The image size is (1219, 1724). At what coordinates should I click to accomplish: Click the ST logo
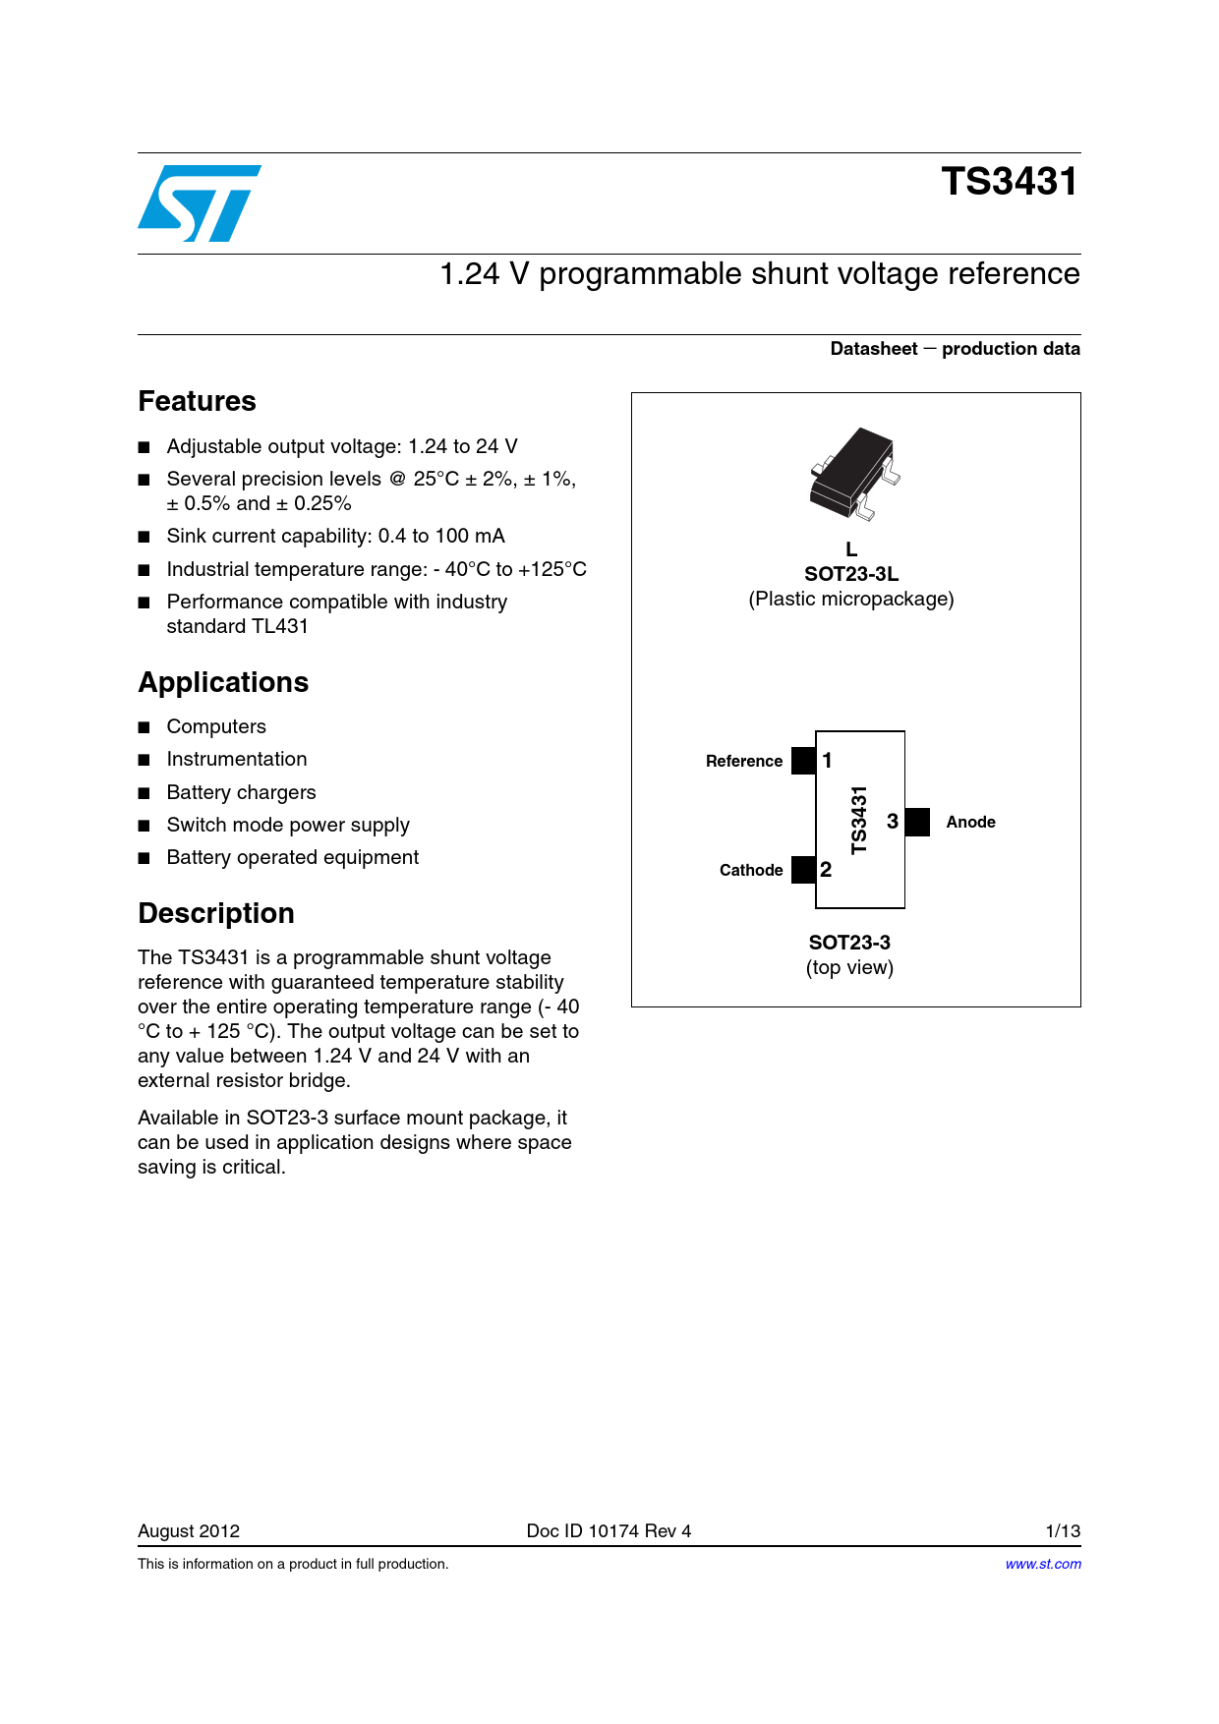pyautogui.click(x=200, y=203)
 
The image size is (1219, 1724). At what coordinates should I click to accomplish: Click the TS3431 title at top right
pyautogui.click(x=1009, y=182)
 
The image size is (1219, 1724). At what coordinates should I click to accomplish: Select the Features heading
pyautogui.click(x=197, y=401)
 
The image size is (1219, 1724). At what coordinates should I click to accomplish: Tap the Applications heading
pyautogui.click(x=223, y=682)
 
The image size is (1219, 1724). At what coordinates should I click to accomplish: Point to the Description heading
pyautogui.click(x=216, y=913)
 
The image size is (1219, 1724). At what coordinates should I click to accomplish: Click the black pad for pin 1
pyautogui.click(x=803, y=761)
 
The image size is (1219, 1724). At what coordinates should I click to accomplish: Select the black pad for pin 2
pyautogui.click(x=803, y=870)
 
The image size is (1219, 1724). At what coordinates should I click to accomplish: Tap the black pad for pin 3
pyautogui.click(x=917, y=822)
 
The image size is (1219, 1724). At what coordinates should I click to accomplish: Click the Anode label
pyautogui.click(x=970, y=822)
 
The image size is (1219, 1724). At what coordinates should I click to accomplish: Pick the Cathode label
pyautogui.click(x=751, y=870)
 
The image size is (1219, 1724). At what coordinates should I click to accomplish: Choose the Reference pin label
pyautogui.click(x=744, y=761)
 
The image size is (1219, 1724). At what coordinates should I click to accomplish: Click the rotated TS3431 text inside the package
pyautogui.click(x=859, y=820)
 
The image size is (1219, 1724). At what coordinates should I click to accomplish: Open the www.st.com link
pyautogui.click(x=1042, y=1564)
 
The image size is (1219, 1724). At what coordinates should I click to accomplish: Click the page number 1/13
pyautogui.click(x=1063, y=1530)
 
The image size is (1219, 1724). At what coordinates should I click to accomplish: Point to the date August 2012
pyautogui.click(x=189, y=1530)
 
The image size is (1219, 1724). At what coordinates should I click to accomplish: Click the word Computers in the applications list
pyautogui.click(x=216, y=726)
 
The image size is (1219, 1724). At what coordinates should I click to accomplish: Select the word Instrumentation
pyautogui.click(x=237, y=759)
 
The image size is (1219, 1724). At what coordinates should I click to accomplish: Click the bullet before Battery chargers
pyautogui.click(x=145, y=793)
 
